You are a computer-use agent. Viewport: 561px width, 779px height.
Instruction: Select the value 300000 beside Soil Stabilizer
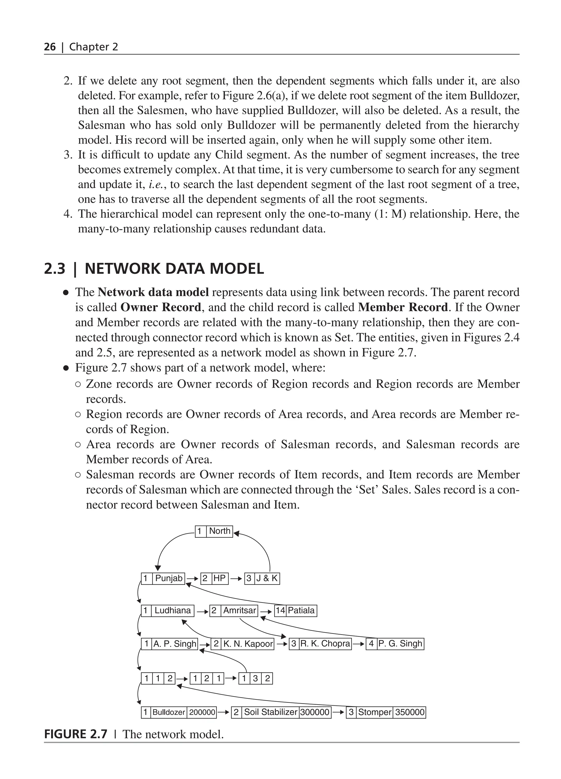(x=315, y=712)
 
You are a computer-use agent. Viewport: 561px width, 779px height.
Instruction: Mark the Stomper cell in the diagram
(x=374, y=712)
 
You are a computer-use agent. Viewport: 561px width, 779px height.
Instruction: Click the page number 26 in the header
(x=50, y=47)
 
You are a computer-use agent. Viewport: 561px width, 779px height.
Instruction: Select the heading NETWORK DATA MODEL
(x=174, y=269)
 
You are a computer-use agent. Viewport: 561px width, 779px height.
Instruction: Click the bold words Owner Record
(x=161, y=307)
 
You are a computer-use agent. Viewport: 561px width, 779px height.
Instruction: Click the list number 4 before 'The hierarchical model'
(x=67, y=214)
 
